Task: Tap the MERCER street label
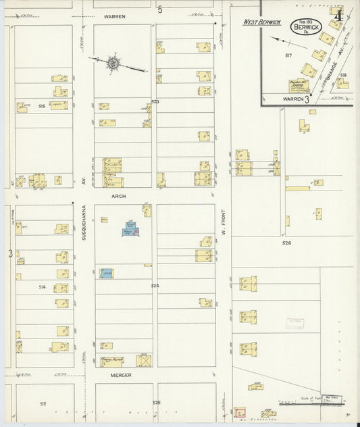(x=121, y=374)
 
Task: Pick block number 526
(x=286, y=242)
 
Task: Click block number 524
(x=155, y=286)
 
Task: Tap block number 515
(x=42, y=106)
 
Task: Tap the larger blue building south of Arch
(x=128, y=230)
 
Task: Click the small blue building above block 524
(x=106, y=273)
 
